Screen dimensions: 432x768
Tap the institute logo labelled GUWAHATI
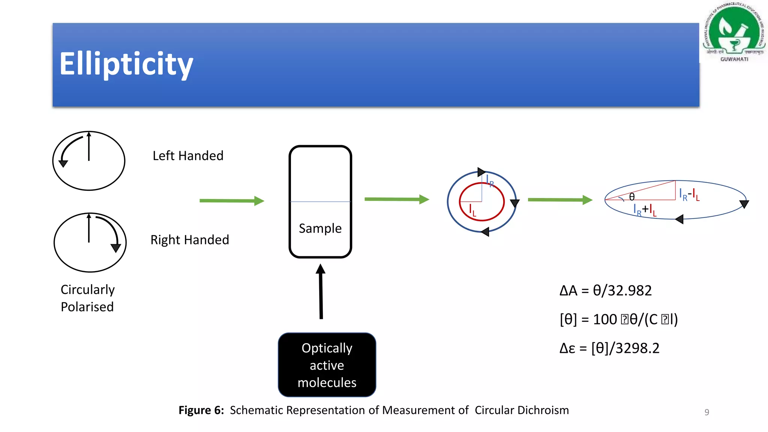coord(734,32)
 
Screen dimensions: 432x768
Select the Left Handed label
coord(188,156)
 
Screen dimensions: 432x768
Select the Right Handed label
coord(190,240)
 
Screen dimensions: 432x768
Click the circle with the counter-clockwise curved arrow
coord(89,161)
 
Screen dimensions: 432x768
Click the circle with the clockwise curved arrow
coord(90,243)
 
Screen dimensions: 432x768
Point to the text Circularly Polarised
coord(88,298)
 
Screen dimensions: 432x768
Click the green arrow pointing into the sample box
coord(232,201)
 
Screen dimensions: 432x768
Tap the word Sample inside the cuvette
coord(320,228)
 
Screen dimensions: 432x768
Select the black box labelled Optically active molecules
coord(327,365)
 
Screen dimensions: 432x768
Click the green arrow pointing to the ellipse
coord(560,200)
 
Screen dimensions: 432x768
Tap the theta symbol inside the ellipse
coord(632,197)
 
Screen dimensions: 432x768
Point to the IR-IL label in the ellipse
coord(689,194)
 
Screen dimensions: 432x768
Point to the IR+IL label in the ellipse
coord(645,210)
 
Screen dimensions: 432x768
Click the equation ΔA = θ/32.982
coord(606,291)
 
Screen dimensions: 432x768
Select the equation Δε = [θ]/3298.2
coord(609,348)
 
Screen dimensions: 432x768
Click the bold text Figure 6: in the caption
coord(201,410)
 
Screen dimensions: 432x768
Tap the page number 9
coord(706,412)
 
